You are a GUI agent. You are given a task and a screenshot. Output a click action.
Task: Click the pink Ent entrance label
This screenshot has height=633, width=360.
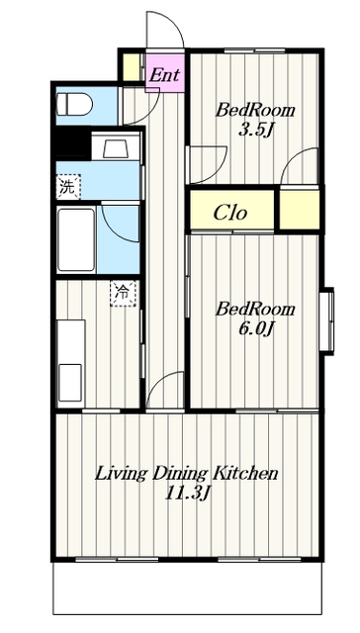[x=164, y=75]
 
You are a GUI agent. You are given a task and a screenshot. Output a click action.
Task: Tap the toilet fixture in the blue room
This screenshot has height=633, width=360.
[x=74, y=104]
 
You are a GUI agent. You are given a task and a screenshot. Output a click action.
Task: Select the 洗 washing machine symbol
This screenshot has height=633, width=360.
[x=68, y=187]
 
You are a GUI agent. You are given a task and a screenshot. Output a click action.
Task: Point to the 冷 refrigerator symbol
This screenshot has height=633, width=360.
[x=123, y=294]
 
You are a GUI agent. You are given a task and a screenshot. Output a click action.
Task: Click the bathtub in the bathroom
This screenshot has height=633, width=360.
[x=76, y=239]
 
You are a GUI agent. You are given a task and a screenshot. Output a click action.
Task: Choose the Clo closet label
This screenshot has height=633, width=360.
[x=229, y=213]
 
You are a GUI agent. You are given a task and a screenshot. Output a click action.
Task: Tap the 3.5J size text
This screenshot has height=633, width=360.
[x=254, y=130]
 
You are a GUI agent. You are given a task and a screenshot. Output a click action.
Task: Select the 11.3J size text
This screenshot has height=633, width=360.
[x=188, y=493]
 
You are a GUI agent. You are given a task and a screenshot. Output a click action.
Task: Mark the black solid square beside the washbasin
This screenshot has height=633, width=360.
[x=72, y=143]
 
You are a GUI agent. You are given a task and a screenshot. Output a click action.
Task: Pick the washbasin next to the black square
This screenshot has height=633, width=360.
[x=116, y=145]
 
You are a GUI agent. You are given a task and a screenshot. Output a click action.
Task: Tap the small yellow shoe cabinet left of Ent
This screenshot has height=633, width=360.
[x=131, y=67]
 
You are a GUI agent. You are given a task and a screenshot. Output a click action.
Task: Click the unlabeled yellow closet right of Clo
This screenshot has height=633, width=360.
[x=300, y=210]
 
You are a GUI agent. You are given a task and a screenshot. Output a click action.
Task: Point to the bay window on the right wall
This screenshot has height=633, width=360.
[x=327, y=320]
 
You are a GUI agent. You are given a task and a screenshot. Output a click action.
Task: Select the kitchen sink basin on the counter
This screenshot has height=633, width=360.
[x=70, y=383]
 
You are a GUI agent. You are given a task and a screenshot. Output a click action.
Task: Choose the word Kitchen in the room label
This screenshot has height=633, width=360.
[x=245, y=473]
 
